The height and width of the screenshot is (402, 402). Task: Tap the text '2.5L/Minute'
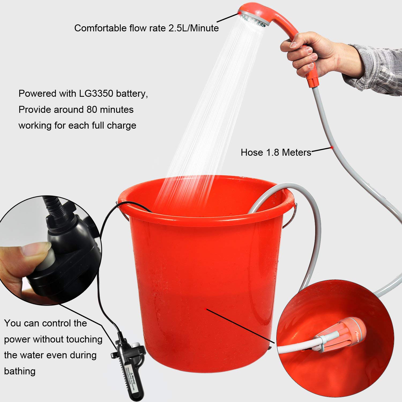(x=193, y=28)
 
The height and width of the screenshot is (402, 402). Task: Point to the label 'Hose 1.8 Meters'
(x=276, y=152)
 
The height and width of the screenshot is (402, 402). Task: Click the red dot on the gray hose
(x=332, y=148)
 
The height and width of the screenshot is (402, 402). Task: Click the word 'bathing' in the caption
(x=20, y=371)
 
